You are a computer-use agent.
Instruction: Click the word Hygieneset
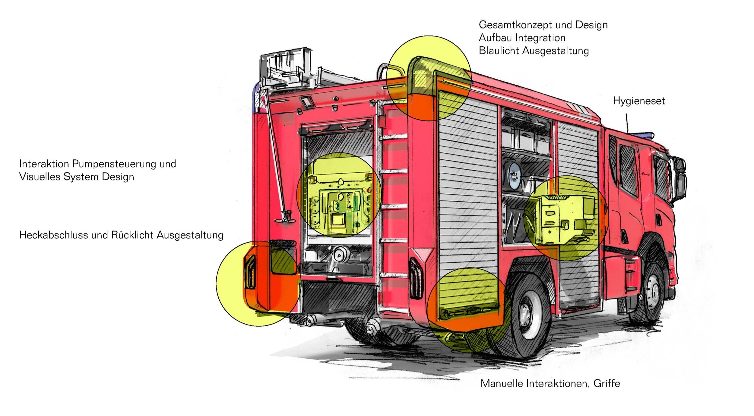point(638,101)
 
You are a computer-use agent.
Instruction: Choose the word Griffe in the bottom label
point(607,383)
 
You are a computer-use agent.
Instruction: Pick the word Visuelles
point(40,177)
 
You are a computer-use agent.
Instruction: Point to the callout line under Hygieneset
point(627,122)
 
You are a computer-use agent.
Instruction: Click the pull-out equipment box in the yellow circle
point(564,217)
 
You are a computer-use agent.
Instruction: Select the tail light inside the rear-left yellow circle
point(250,272)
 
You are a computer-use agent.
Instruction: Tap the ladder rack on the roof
point(287,69)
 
